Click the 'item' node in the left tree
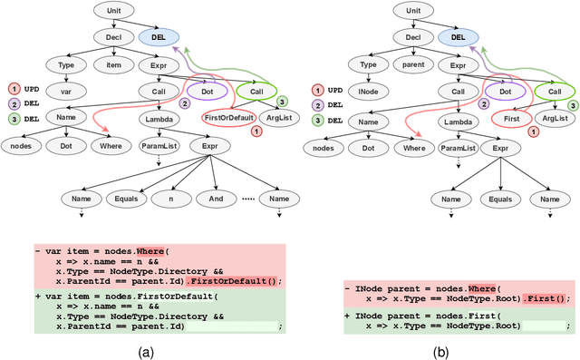tap(111, 64)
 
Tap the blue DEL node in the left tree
tap(160, 37)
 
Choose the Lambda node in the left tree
tap(159, 119)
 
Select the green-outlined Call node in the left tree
tap(256, 92)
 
